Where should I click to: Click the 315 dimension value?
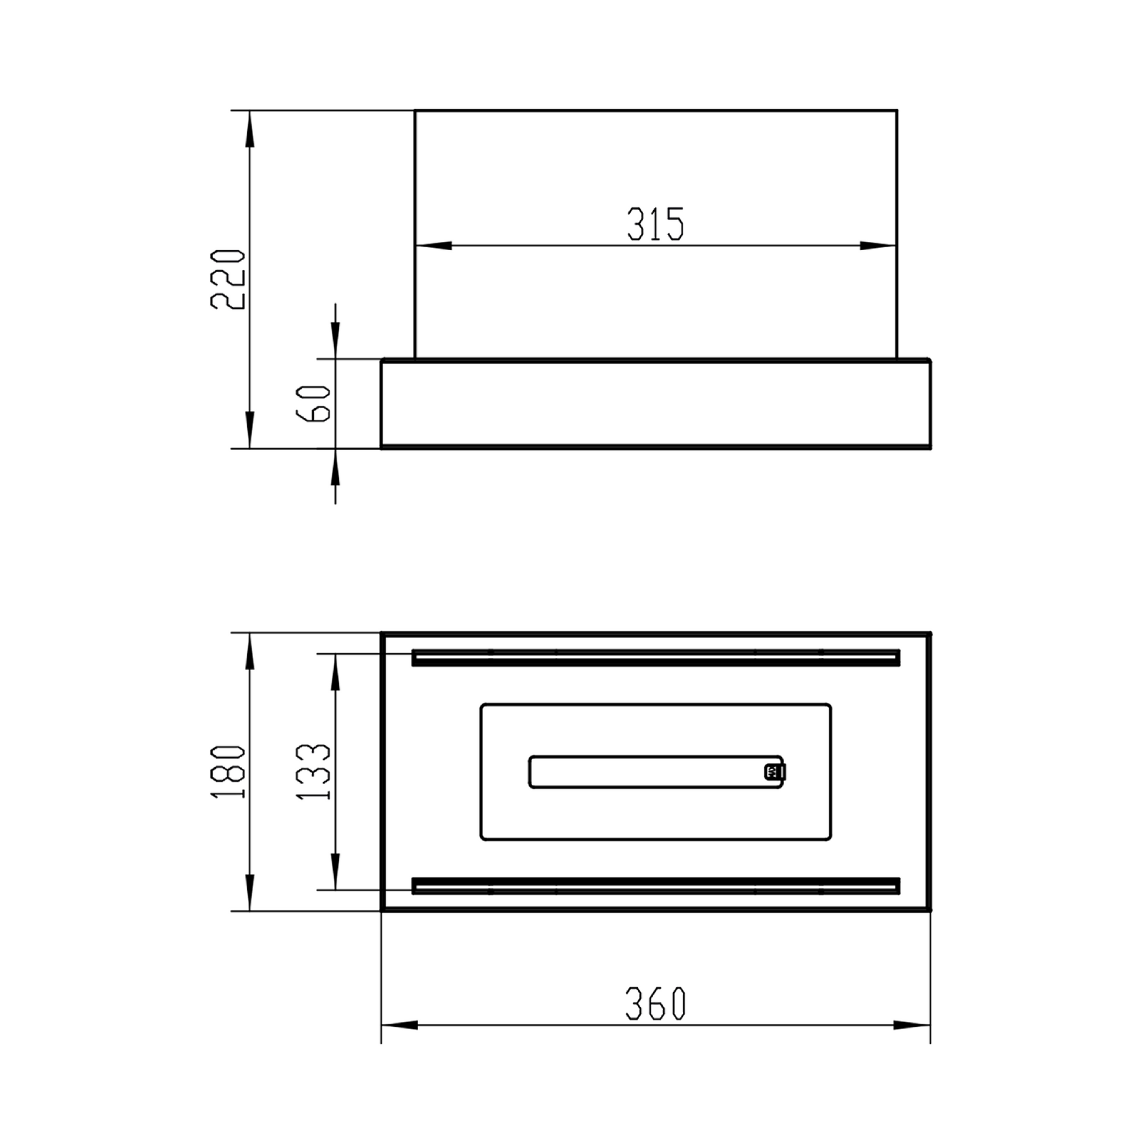click(x=655, y=224)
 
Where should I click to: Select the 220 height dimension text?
click(x=228, y=279)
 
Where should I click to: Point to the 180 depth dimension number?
click(x=228, y=771)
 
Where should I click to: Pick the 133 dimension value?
click(x=313, y=771)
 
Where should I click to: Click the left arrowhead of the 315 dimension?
click(x=433, y=246)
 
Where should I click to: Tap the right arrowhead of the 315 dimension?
click(x=878, y=246)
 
